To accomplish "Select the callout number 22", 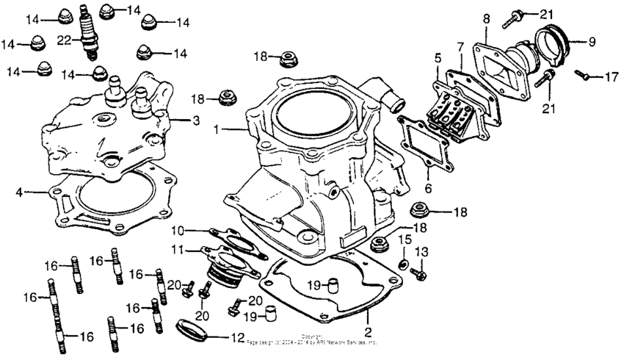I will (65, 40).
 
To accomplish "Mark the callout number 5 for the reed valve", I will (437, 57).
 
